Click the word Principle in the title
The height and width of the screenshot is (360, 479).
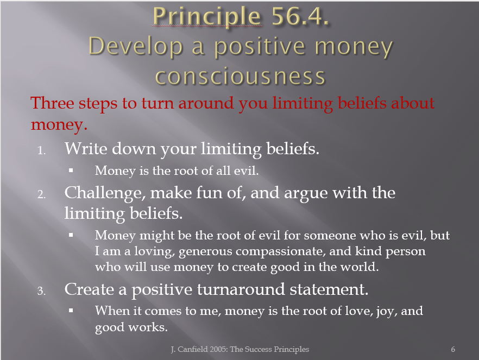point(207,17)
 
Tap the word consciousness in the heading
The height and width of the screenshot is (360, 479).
point(240,77)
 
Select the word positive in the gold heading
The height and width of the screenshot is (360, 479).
point(260,48)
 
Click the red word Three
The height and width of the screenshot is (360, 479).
point(52,103)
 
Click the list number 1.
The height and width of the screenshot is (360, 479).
point(42,150)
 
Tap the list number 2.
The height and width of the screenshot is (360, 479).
point(42,194)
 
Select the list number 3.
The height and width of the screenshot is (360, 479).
point(42,290)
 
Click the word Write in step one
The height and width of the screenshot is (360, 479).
point(86,148)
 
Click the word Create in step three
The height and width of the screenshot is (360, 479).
point(89,289)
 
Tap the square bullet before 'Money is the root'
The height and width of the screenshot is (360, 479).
point(71,170)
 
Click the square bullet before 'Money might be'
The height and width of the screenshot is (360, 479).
point(71,235)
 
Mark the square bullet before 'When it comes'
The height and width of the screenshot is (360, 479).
point(71,311)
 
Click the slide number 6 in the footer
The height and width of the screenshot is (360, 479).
point(453,349)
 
